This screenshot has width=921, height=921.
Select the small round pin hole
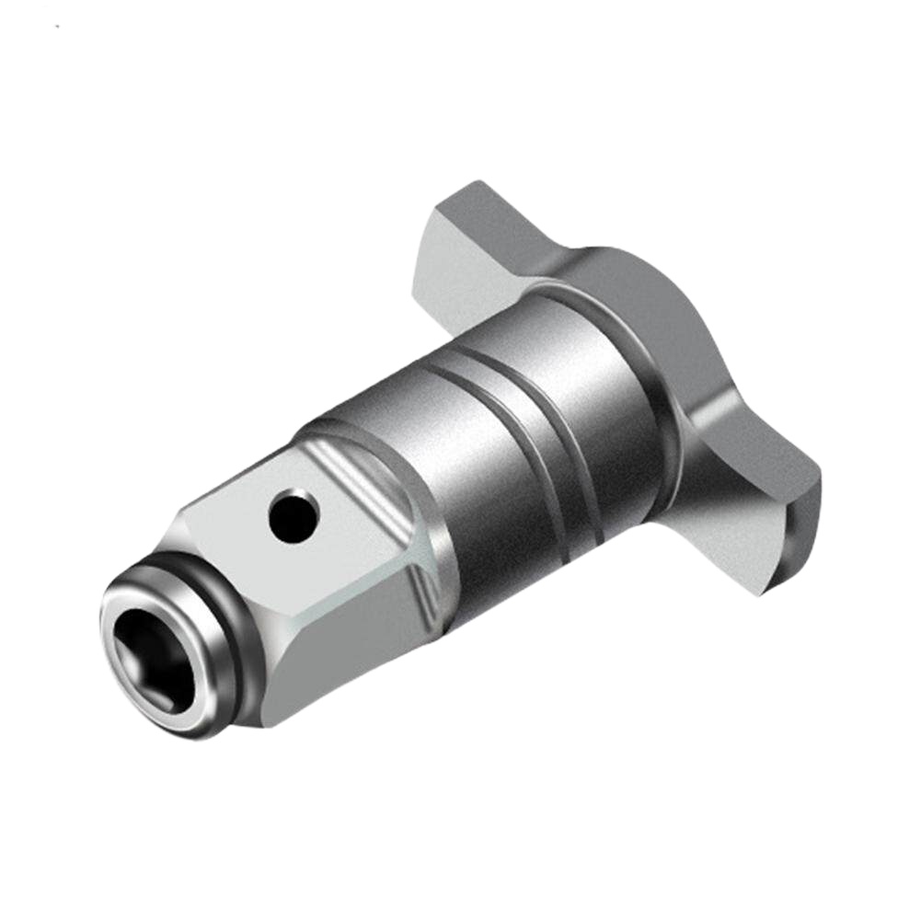coord(294,515)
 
